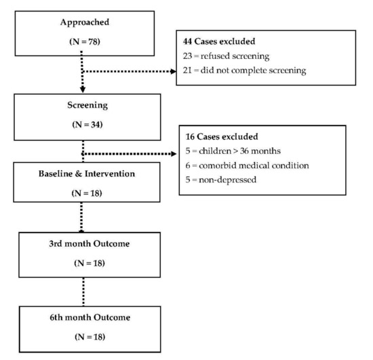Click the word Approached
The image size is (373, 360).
(85, 22)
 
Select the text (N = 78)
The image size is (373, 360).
(85, 41)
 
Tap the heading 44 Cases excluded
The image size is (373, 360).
(219, 41)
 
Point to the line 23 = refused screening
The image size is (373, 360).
(226, 56)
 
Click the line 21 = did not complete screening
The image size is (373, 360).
(244, 71)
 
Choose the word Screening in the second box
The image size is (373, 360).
(87, 105)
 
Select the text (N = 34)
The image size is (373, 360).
(87, 125)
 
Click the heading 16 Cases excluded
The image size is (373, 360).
(222, 137)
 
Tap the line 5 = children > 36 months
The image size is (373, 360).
(233, 151)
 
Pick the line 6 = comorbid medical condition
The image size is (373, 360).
(247, 165)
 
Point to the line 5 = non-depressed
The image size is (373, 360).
(221, 180)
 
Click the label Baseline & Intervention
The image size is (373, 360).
(87, 174)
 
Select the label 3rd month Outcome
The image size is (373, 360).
(90, 243)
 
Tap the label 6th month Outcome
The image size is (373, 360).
(90, 317)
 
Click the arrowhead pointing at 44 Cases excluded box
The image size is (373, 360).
(174, 71)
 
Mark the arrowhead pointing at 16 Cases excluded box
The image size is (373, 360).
(174, 154)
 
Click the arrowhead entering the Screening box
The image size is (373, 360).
(83, 89)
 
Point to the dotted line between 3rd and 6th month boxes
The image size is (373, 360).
(83, 292)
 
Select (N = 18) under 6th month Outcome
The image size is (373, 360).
(90, 337)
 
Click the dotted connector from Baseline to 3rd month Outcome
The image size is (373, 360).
(81, 218)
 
